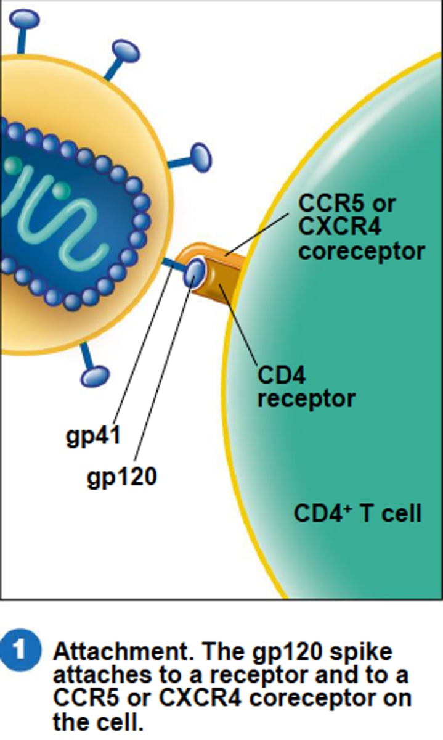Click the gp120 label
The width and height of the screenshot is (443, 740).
tap(122, 476)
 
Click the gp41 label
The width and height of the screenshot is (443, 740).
tap(92, 436)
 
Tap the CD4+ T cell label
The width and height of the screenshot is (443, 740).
tap(357, 513)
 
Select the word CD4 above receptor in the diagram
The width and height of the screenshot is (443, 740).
tap(281, 374)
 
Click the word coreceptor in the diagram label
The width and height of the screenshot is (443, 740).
tap(361, 251)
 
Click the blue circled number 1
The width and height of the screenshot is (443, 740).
tap(22, 652)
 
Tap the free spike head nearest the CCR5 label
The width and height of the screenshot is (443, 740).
tap(200, 158)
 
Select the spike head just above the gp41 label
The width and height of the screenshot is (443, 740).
tap(95, 375)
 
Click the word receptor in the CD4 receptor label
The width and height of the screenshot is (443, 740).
tap(306, 398)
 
